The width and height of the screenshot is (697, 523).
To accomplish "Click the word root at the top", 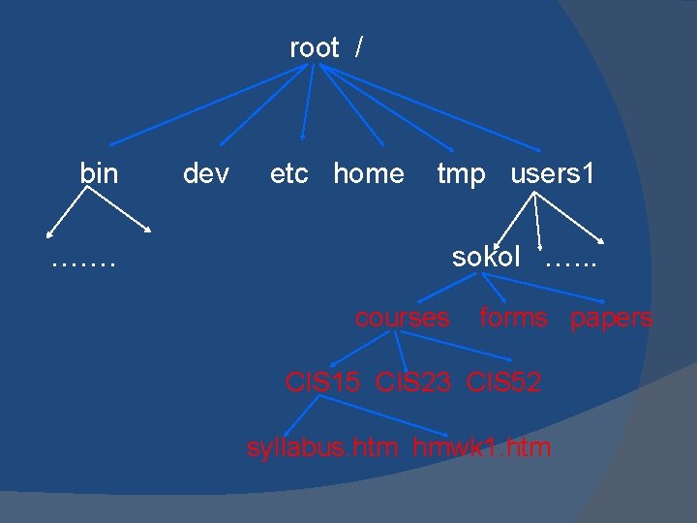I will pos(314,47).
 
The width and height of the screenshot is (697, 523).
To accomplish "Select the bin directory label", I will pos(99,173).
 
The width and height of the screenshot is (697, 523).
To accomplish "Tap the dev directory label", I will pos(206,173).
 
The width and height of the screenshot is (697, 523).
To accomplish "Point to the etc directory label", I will pos(288,173).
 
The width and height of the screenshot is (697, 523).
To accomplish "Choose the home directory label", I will pos(369,173).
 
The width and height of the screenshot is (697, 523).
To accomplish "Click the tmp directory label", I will pos(461,173).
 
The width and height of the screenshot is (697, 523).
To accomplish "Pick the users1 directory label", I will pos(553,173).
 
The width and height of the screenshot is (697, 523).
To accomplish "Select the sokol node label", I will pos(486,257).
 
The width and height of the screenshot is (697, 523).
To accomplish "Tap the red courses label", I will pos(402,318).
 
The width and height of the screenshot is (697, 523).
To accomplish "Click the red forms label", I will pos(513,318).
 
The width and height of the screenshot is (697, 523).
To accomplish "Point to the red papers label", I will pos(611,318).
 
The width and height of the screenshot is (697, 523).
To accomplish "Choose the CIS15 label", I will pos(321,383).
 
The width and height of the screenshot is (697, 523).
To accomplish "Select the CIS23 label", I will pos(412,383).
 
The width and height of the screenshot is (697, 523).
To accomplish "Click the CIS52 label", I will pos(503,383).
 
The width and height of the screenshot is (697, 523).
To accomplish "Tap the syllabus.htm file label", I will pos(322,447).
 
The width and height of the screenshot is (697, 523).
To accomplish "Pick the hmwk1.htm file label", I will pos(482,447).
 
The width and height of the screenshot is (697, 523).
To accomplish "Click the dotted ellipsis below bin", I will pos(83,261).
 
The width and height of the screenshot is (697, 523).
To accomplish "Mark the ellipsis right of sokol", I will pos(571,261).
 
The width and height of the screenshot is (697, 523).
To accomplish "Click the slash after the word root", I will pos(359,47).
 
